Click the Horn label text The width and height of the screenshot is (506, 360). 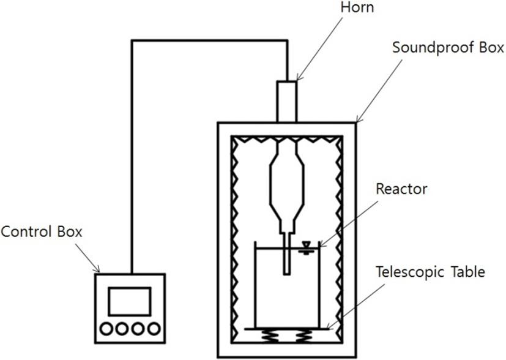pos(357,7)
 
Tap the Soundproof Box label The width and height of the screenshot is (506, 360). pos(448,48)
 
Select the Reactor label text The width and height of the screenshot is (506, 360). pos(402,189)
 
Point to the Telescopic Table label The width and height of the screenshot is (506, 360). pos(431,272)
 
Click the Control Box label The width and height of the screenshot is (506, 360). pos(42,232)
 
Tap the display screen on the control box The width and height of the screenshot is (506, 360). pos(130,301)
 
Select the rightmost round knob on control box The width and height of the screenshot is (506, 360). pos(154,329)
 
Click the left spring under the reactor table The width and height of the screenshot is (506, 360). pos(270,336)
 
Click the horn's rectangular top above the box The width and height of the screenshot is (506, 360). pos(286,102)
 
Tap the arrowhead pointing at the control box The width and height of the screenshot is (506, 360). pos(96,269)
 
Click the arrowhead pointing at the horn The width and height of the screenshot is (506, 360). pos(299,77)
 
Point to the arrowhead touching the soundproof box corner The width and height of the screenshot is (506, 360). pos(359,119)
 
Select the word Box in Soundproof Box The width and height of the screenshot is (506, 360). pos(491,48)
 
